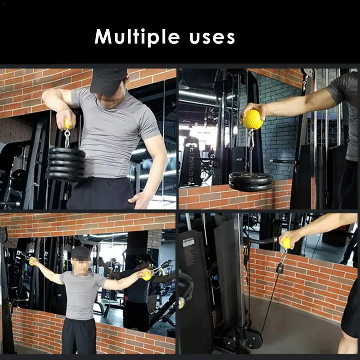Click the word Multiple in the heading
[x=137, y=37]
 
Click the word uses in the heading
[x=212, y=38]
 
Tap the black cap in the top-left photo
[x=108, y=81]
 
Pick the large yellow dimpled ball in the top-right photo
[x=252, y=119]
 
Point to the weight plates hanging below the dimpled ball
[x=251, y=181]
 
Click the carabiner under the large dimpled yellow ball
[x=251, y=139]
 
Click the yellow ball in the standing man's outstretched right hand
[x=147, y=276]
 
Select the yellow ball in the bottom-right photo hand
[x=286, y=243]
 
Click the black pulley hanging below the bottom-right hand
[x=279, y=268]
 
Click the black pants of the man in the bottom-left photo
[x=79, y=336]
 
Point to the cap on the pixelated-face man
[x=81, y=252]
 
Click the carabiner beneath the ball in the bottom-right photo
[x=284, y=256]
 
